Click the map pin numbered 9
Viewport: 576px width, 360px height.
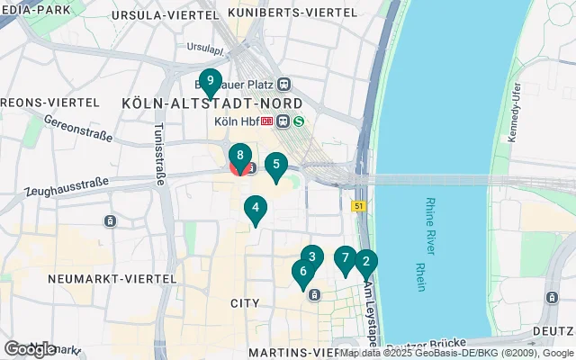[x=210, y=82]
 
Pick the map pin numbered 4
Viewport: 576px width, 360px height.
[x=256, y=209]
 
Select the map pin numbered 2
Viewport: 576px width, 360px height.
[x=365, y=263]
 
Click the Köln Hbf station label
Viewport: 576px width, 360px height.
[x=236, y=122]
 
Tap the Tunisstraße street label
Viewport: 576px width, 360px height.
[x=160, y=154]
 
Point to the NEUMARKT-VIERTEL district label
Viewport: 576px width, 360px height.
[x=88, y=279]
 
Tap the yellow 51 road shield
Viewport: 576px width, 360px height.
[x=357, y=206]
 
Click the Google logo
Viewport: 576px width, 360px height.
[x=31, y=348]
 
